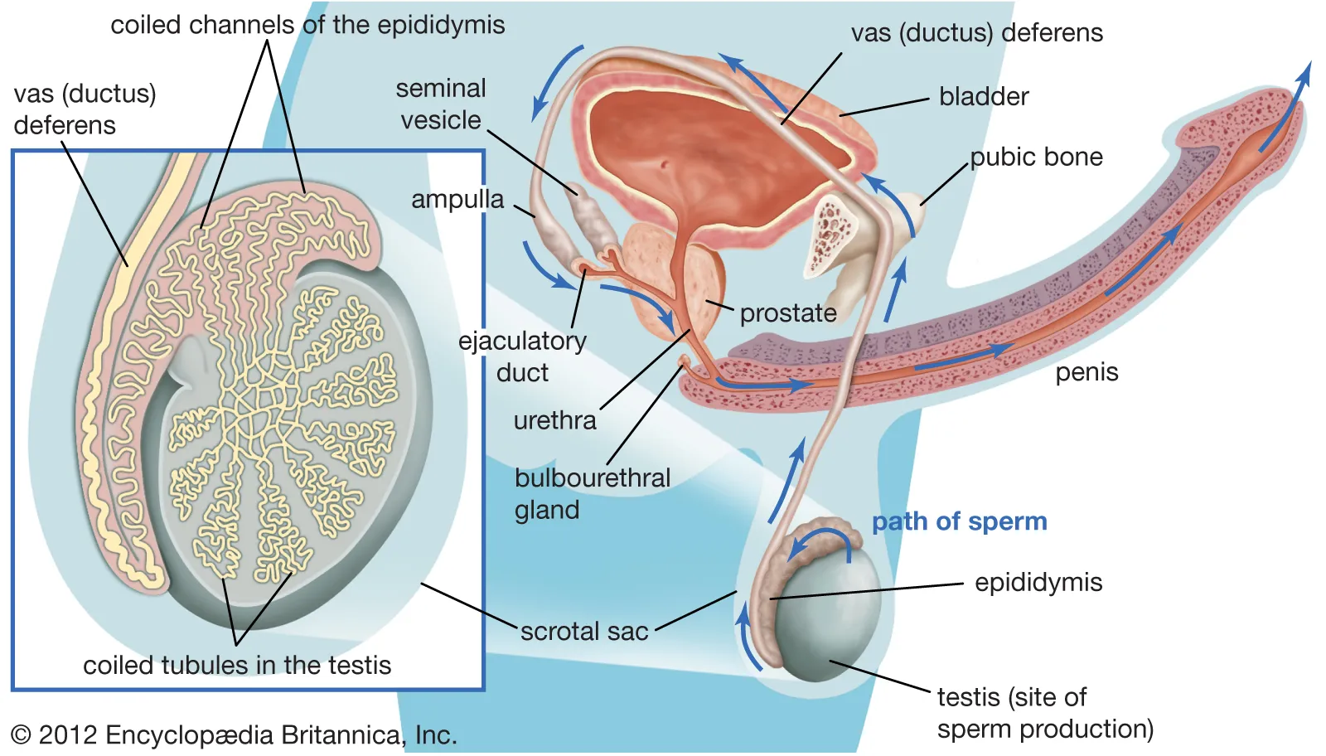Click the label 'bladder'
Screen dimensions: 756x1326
(x=984, y=97)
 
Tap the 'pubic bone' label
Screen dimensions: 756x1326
(x=1036, y=157)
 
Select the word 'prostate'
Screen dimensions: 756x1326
(x=787, y=313)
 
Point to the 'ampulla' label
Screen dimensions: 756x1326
(x=457, y=200)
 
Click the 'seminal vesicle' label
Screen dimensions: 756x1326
(x=441, y=104)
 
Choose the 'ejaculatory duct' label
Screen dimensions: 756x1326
(x=522, y=356)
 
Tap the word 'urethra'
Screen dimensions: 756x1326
(x=554, y=421)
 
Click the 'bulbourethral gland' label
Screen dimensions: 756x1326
(x=592, y=493)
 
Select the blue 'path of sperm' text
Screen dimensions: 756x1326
(x=959, y=521)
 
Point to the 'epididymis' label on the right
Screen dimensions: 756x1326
(x=1038, y=583)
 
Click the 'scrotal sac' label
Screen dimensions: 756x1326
(x=584, y=632)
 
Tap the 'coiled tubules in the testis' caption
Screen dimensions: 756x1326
(x=237, y=666)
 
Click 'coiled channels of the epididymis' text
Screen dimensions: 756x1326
(x=307, y=25)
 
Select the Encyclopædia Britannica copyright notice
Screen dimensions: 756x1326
(x=234, y=735)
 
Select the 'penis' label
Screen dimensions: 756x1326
(x=1086, y=373)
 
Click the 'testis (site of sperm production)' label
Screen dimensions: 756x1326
(x=1045, y=713)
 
